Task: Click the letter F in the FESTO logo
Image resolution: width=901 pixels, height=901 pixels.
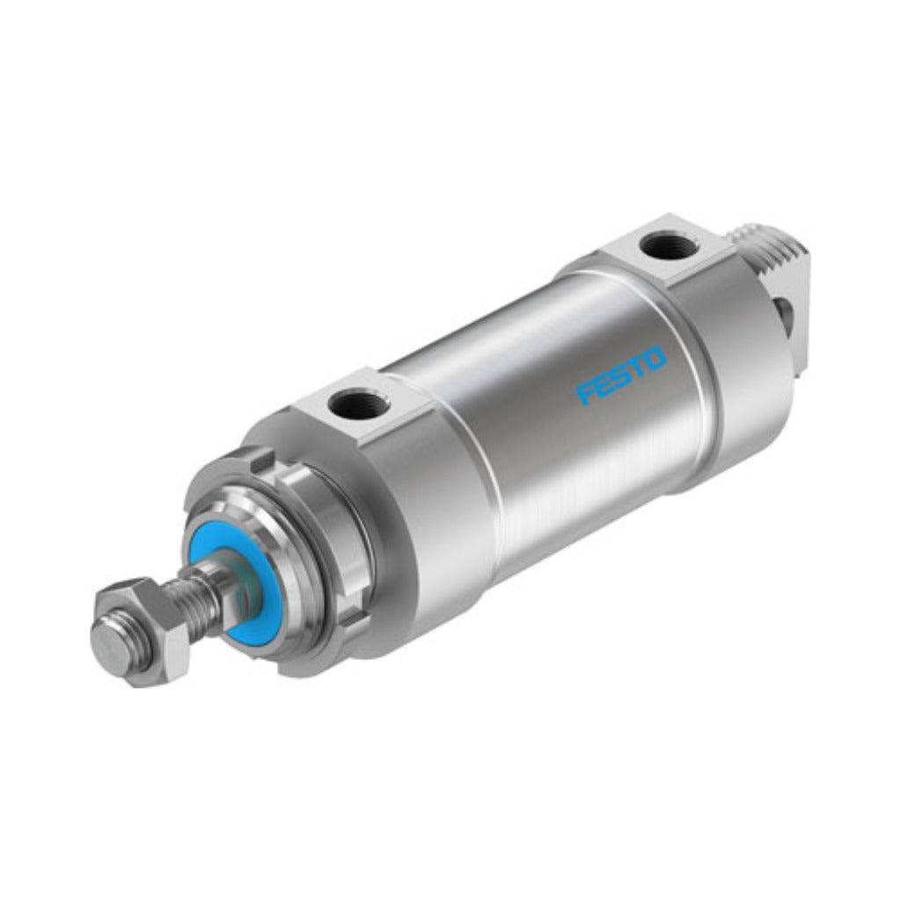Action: coord(586,393)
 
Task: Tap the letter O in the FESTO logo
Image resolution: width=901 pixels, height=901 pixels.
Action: coord(656,360)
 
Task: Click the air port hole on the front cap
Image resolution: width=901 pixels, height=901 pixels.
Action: coord(359,406)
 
